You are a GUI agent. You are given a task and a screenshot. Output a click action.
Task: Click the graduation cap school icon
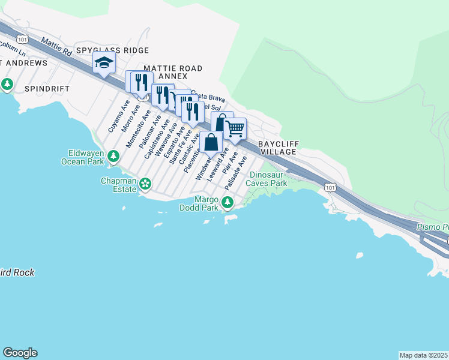pyautogui.click(x=104, y=63)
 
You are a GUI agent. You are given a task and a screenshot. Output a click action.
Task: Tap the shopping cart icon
pyautogui.click(x=235, y=128)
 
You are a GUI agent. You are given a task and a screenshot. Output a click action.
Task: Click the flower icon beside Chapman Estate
pyautogui.click(x=145, y=183)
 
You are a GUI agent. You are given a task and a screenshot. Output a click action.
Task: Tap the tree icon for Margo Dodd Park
pyautogui.click(x=227, y=203)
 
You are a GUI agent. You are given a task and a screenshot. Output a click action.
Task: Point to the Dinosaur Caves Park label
pyautogui.click(x=268, y=179)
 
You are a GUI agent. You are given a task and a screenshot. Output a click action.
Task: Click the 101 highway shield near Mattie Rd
pyautogui.click(x=23, y=39)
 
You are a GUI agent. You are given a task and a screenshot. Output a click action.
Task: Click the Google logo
pyautogui.click(x=20, y=353)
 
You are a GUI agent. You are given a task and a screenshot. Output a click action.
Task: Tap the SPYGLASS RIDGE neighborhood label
pyautogui.click(x=112, y=51)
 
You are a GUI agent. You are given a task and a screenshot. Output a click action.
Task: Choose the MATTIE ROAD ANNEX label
pyautogui.click(x=173, y=73)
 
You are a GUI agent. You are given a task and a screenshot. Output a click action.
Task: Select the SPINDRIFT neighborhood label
pyautogui.click(x=47, y=88)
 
